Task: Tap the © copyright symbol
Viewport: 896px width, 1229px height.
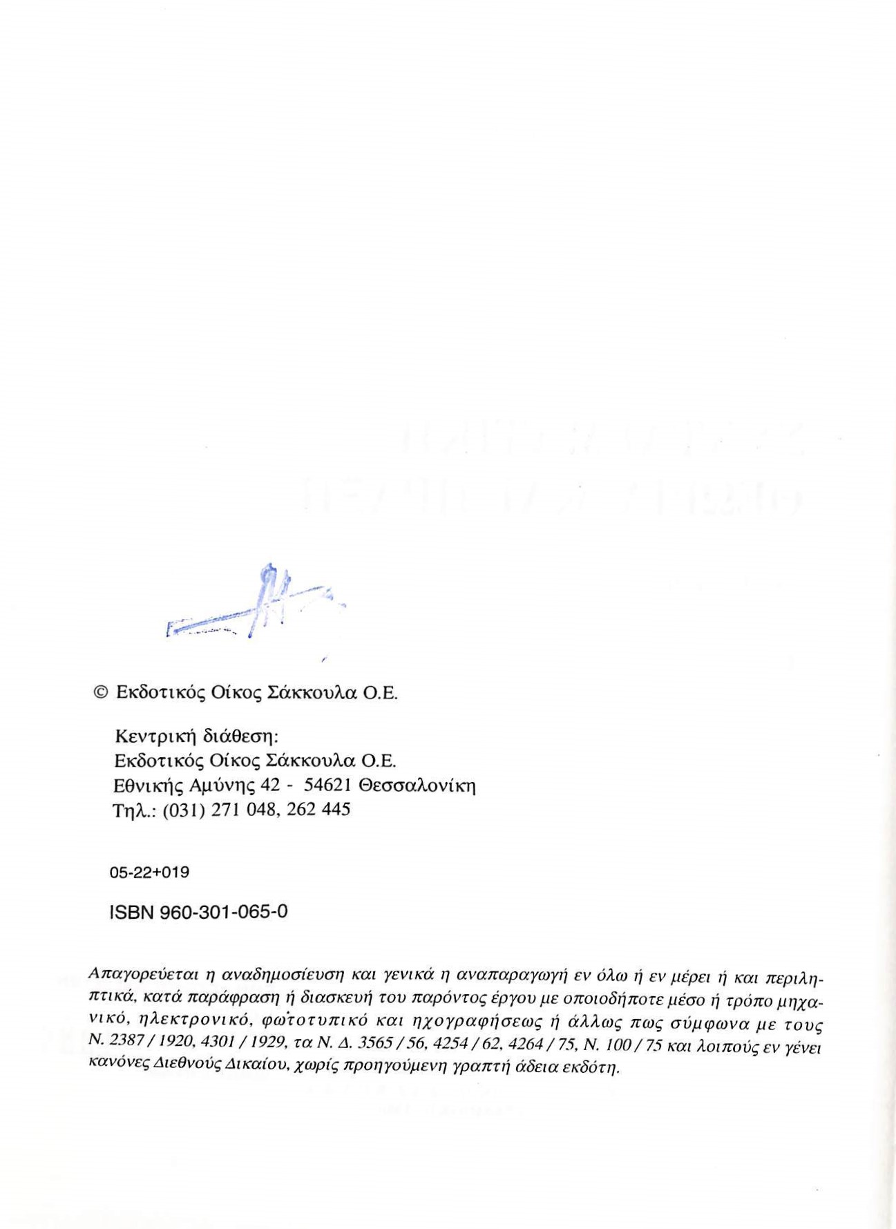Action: tap(101, 692)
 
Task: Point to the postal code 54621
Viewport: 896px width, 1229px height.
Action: tap(329, 785)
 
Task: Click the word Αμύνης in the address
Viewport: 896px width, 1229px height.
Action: tap(224, 786)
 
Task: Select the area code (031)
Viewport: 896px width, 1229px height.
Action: tap(183, 810)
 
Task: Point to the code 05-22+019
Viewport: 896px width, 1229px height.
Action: tap(149, 873)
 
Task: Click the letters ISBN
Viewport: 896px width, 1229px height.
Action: tap(131, 913)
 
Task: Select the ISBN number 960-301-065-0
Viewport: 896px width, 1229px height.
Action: tap(224, 913)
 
